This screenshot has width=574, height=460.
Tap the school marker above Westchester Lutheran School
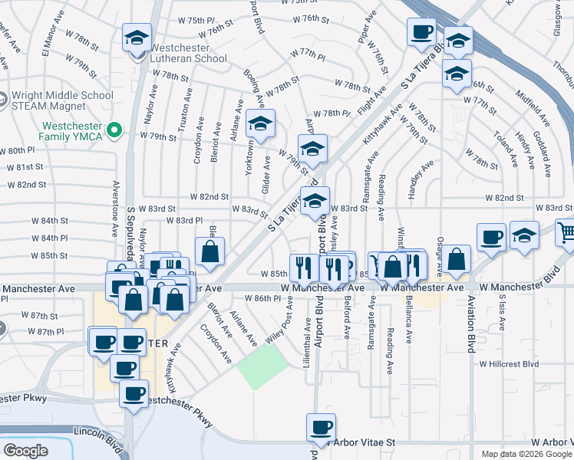[x=137, y=37]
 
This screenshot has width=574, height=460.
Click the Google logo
[x=25, y=451]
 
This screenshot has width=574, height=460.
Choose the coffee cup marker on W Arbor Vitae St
[x=321, y=427]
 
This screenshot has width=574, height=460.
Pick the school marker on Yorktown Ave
[x=261, y=124]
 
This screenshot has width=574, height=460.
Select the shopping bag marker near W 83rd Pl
[x=209, y=251]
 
